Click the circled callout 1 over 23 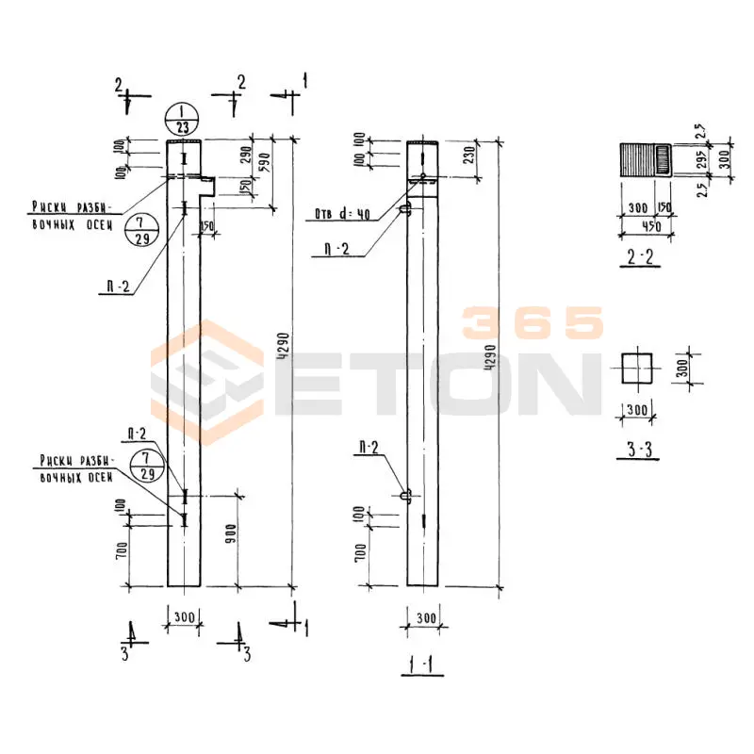coord(180,120)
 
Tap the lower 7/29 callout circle coord(144,466)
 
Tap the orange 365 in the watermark coord(533,323)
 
